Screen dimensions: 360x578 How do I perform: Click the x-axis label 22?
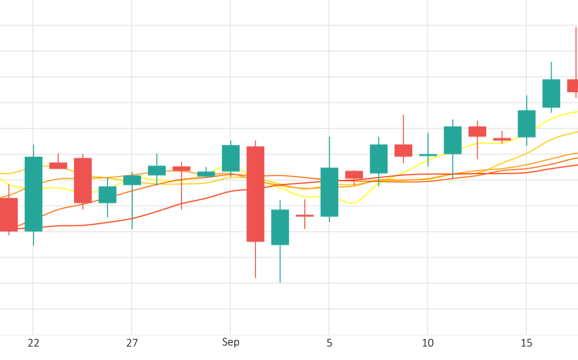click(x=33, y=343)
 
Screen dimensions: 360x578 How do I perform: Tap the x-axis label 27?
click(x=132, y=343)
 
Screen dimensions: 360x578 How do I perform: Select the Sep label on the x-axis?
click(x=230, y=342)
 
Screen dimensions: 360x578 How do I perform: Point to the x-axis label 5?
click(x=329, y=343)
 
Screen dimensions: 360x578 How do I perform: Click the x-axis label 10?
click(x=427, y=343)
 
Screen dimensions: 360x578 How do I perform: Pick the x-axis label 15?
click(x=526, y=343)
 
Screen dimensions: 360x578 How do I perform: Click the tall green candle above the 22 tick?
click(x=33, y=194)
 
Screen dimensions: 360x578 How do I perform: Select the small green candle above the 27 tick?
click(x=132, y=180)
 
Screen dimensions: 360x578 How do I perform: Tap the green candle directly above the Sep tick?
click(x=231, y=158)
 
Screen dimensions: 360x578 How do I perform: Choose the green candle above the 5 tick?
click(x=329, y=192)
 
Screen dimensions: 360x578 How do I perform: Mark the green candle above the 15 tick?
click(x=526, y=124)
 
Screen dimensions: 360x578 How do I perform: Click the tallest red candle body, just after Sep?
click(x=255, y=194)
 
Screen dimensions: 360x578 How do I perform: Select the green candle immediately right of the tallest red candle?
click(x=280, y=227)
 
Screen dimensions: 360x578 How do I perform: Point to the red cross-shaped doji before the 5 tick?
click(x=305, y=215)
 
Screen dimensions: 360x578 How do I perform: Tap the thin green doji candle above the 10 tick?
click(x=428, y=155)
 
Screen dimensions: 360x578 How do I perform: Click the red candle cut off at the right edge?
click(x=572, y=86)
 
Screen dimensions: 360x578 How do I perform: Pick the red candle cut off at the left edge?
click(x=8, y=214)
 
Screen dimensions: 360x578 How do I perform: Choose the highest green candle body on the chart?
click(x=551, y=93)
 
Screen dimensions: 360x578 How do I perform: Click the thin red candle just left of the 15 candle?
click(x=502, y=139)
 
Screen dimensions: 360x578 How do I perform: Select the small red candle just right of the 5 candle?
click(x=354, y=175)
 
